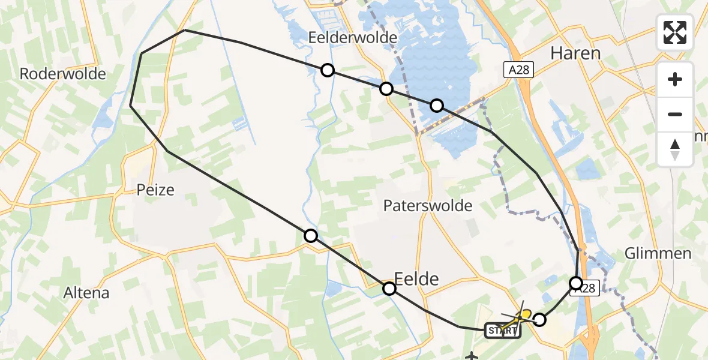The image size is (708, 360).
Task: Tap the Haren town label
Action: pyautogui.click(x=575, y=53)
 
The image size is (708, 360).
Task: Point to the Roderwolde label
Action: pyautogui.click(x=63, y=74)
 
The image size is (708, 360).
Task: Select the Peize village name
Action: pyautogui.click(x=155, y=190)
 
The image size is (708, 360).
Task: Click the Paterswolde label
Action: pyautogui.click(x=428, y=206)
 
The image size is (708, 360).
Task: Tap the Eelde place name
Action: pyautogui.click(x=416, y=278)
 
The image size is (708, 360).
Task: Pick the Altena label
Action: pyautogui.click(x=88, y=293)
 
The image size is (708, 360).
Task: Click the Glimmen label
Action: pyautogui.click(x=658, y=253)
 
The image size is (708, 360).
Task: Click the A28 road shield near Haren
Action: pyautogui.click(x=517, y=70)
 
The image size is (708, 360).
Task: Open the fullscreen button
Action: pyautogui.click(x=675, y=32)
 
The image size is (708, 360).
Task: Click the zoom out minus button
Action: pyautogui.click(x=675, y=114)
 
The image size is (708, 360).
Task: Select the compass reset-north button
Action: pyautogui.click(x=675, y=149)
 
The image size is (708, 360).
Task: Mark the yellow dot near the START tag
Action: pyautogui.click(x=526, y=314)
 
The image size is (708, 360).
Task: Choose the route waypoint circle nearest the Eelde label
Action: pyautogui.click(x=389, y=289)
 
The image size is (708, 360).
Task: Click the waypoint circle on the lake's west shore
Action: pyautogui.click(x=386, y=89)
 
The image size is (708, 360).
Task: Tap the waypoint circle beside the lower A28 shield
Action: pyautogui.click(x=576, y=283)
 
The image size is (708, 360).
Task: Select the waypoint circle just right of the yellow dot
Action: pyautogui.click(x=539, y=320)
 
